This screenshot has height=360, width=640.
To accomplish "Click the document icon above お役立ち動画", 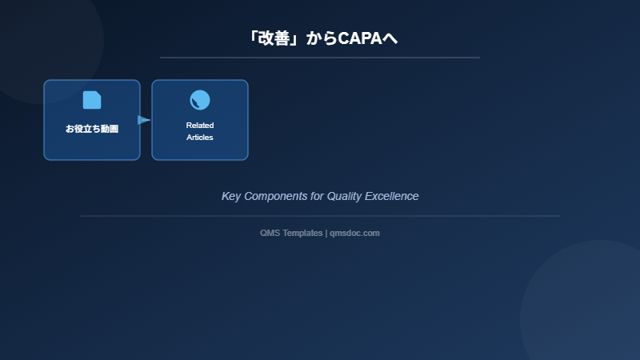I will coord(92,100).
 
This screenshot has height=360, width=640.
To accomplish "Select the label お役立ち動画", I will coord(92,128).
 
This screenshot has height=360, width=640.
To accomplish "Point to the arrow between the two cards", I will coord(144,120).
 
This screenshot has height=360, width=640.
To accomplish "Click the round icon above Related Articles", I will coord(200,100).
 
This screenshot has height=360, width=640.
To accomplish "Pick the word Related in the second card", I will coord(200,126).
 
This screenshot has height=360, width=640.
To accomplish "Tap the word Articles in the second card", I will coord(200,138).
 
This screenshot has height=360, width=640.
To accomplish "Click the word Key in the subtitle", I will coord(231,196).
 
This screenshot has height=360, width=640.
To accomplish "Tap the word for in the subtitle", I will coord(317,196).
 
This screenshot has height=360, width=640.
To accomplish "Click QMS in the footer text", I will coord(270,233).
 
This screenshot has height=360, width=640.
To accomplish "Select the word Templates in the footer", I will coord(302,233).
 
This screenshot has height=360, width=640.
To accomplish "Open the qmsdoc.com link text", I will coord(354,233).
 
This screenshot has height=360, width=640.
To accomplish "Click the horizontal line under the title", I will coord(320,58).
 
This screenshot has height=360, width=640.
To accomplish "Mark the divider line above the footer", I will coord(320,216).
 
